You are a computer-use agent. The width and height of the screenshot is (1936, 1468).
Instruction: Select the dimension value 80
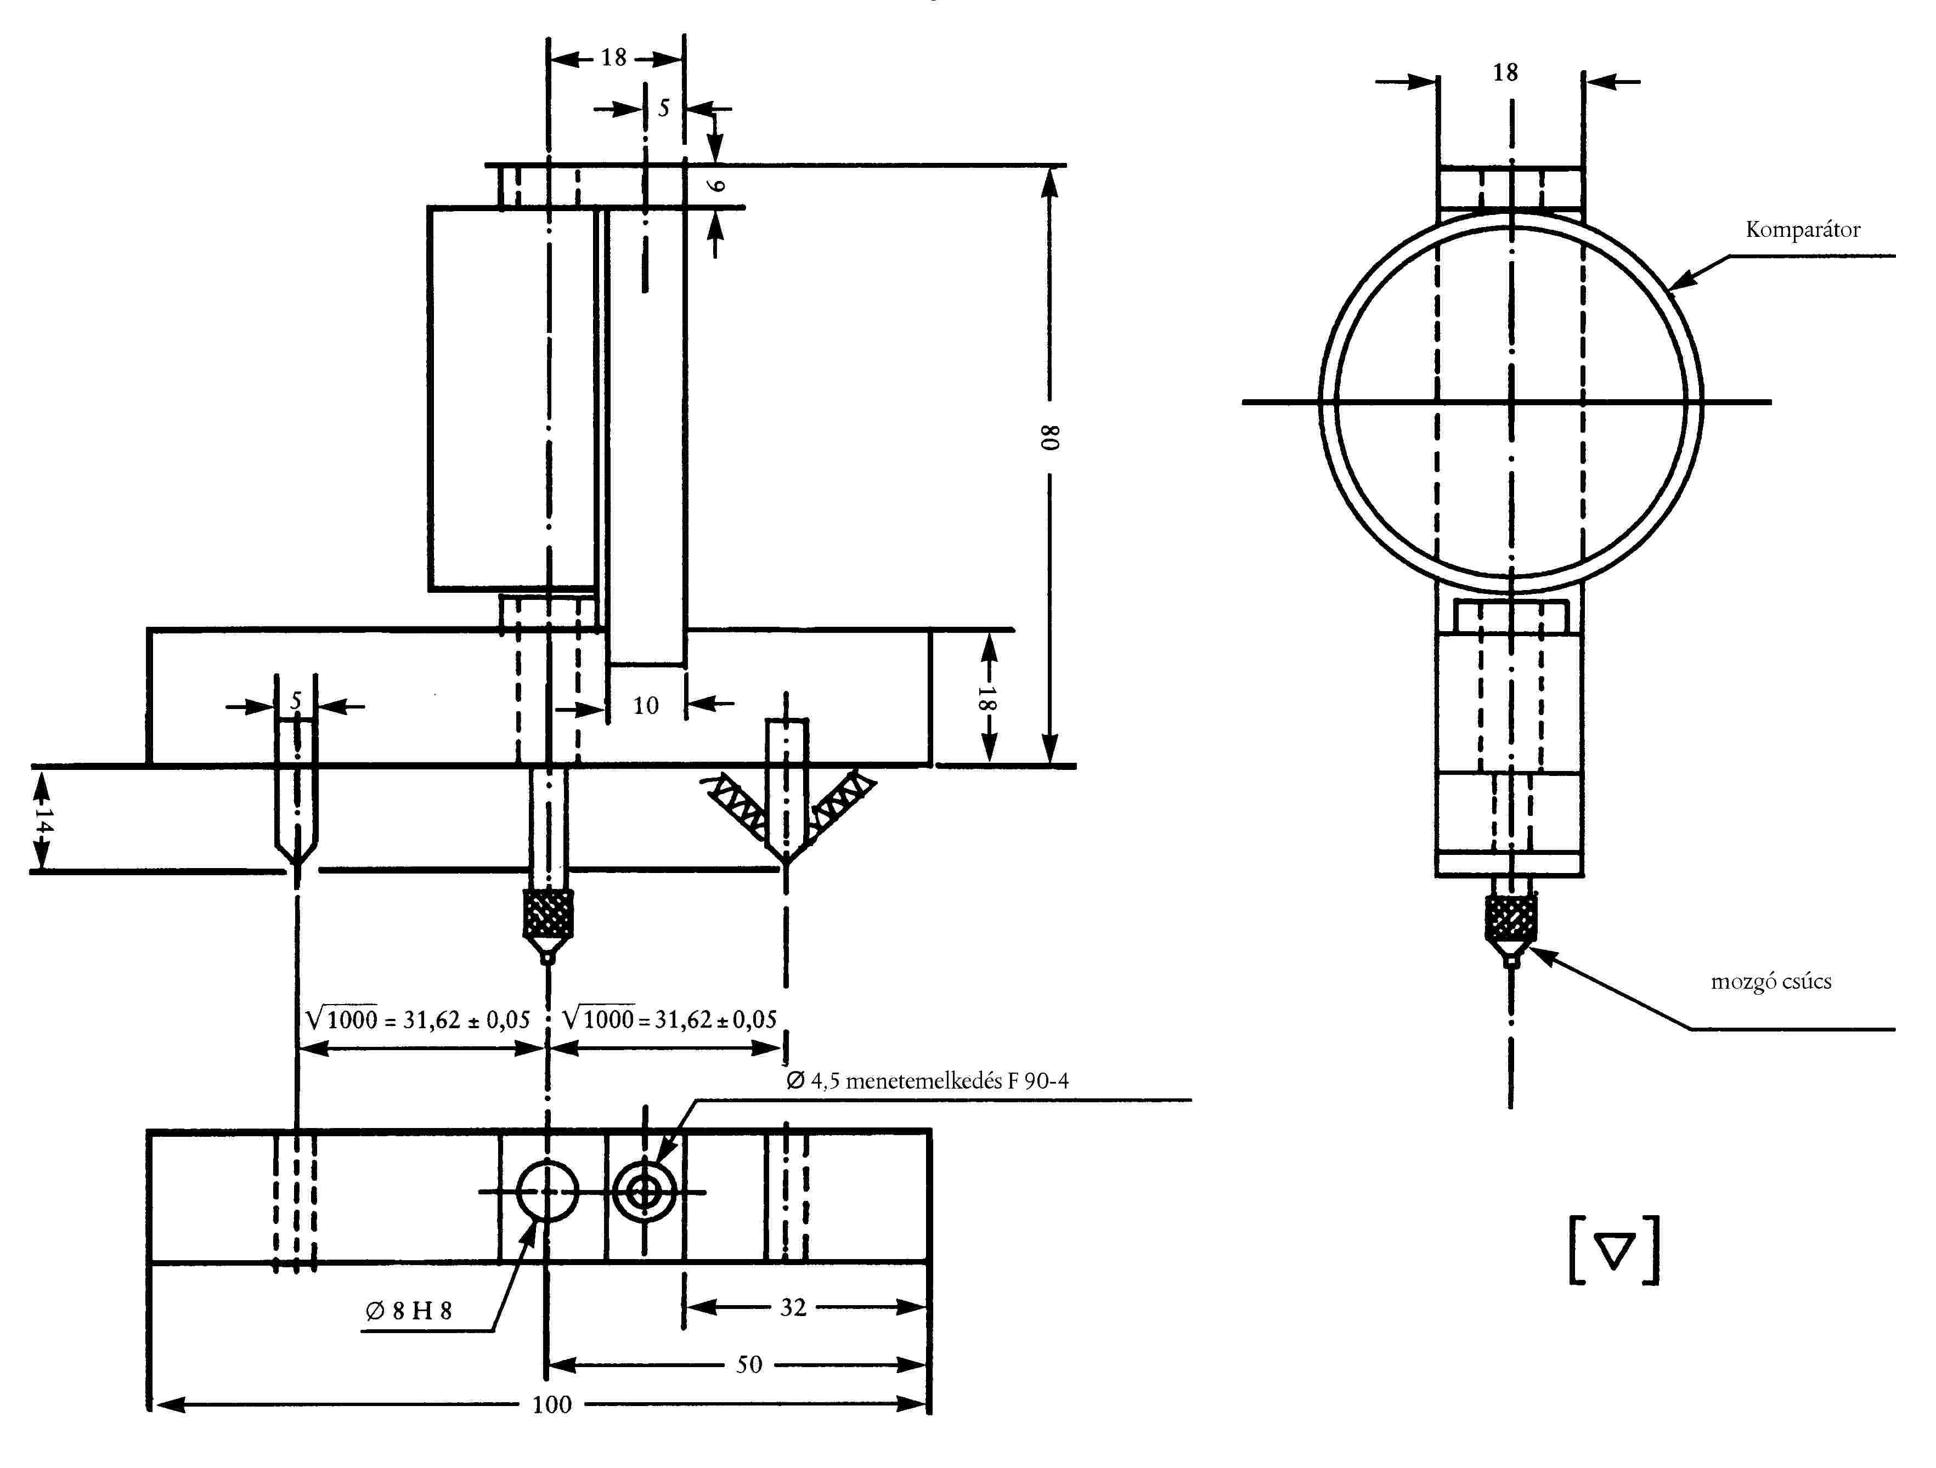(1050, 438)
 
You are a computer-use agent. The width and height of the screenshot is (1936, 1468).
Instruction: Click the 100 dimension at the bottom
(551, 1405)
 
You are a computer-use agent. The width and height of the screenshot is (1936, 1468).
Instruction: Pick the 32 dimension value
(793, 1307)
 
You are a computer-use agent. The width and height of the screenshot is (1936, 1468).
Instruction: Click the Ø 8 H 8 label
(409, 1311)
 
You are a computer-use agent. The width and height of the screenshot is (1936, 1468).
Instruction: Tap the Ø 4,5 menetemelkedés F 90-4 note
(927, 1080)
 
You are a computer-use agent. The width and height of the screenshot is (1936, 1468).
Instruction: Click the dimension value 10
(646, 705)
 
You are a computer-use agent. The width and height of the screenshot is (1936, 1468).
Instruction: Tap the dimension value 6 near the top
(716, 185)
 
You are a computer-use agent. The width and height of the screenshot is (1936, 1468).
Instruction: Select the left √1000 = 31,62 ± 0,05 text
(417, 1020)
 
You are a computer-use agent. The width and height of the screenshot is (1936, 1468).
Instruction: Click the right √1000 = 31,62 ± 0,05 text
(669, 1019)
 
